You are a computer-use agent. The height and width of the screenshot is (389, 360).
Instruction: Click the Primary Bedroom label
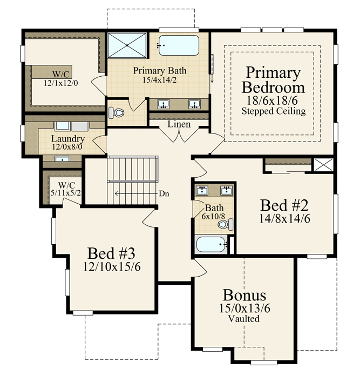tap(273, 79)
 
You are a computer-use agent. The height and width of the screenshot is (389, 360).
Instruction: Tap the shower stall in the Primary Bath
tap(127, 45)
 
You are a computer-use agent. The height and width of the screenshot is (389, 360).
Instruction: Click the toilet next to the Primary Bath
tap(116, 112)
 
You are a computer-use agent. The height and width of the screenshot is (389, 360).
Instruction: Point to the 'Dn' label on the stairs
tap(164, 193)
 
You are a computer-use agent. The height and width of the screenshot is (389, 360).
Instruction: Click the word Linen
tap(179, 124)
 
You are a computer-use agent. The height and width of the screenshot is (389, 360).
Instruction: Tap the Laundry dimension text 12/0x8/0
tap(67, 146)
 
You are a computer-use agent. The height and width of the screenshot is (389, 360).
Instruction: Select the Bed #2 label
tap(284, 205)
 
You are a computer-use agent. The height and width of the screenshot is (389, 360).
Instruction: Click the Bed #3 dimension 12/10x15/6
tap(112, 267)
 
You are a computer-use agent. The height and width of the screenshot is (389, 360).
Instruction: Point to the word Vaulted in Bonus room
tap(244, 319)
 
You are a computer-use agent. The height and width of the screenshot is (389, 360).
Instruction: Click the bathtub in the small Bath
tap(212, 244)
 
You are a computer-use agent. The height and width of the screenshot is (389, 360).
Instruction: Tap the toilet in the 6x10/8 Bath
tap(226, 225)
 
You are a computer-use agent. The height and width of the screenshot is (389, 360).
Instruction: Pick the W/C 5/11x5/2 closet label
tap(66, 189)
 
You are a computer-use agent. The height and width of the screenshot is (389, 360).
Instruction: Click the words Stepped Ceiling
tap(274, 111)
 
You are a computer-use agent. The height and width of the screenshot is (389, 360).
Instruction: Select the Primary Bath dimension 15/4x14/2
tap(160, 80)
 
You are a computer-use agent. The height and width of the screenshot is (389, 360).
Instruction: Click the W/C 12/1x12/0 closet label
tap(61, 79)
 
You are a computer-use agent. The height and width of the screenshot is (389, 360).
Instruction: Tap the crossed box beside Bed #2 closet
tap(324, 165)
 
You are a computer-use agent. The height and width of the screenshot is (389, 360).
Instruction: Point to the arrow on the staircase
tap(136, 193)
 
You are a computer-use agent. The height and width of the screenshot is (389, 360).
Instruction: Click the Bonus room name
tap(244, 295)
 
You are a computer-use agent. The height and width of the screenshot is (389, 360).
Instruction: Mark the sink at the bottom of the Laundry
tap(62, 159)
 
